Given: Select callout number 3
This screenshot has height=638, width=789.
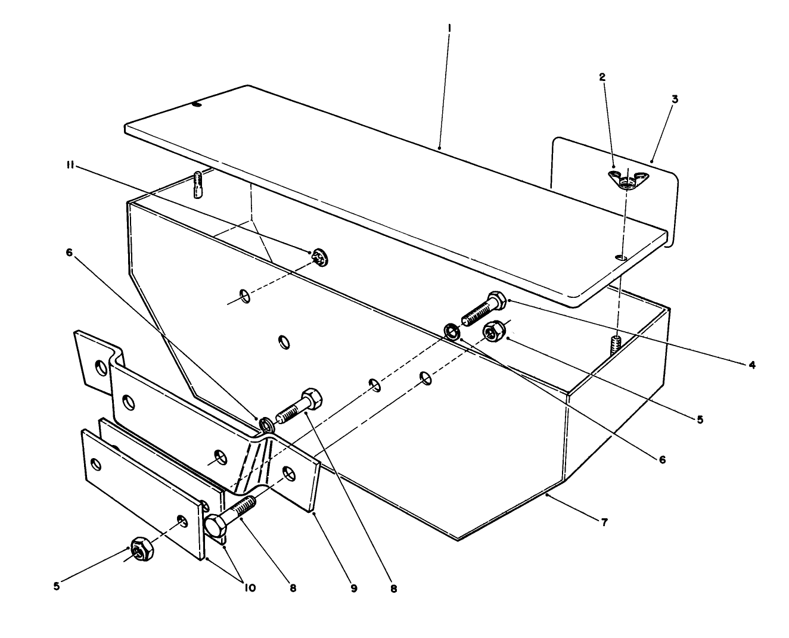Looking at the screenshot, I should tap(675, 99).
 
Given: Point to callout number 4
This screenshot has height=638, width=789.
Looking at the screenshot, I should tap(752, 365).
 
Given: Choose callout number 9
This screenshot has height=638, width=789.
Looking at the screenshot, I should tap(353, 589).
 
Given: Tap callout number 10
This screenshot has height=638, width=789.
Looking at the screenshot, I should tap(249, 588).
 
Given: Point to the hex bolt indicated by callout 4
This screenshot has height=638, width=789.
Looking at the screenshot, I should tap(483, 308).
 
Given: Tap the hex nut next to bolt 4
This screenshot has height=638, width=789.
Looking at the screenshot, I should tap(494, 331).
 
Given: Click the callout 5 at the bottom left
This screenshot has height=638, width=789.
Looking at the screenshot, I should tap(57, 586).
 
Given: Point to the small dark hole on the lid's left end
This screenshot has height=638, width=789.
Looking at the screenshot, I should tap(197, 105).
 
